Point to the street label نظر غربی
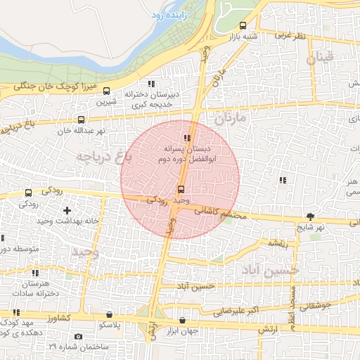[290, 34]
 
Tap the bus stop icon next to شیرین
[107, 91]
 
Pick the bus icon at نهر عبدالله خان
[82, 120]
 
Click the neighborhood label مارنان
[231, 118]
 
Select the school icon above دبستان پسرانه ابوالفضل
[187, 138]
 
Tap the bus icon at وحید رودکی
[181, 189]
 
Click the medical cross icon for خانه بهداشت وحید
[67, 210]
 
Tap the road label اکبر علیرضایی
[245, 309]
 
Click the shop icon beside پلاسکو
[108, 314]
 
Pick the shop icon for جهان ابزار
[183, 320]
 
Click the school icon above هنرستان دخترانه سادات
[35, 273]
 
